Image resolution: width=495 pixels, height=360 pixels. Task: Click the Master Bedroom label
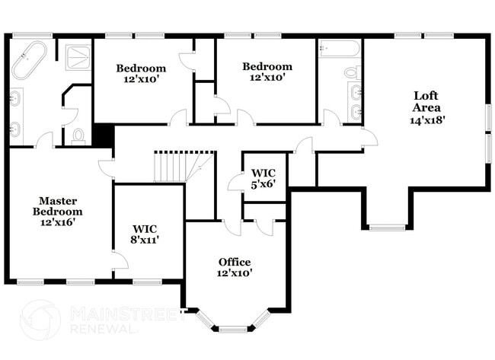click(61, 205)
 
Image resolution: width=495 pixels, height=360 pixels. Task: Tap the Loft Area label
click(426, 101)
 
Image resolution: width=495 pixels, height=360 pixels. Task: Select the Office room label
click(235, 262)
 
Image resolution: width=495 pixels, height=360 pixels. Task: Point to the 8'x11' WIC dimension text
click(145, 239)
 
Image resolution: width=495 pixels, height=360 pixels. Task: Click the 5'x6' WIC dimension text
click(263, 183)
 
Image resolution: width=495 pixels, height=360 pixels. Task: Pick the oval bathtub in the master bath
click(29, 60)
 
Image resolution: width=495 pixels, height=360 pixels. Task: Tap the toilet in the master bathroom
click(78, 136)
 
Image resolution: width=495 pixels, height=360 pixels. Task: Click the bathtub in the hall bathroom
click(340, 49)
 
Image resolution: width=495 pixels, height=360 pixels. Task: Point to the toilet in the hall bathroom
click(352, 72)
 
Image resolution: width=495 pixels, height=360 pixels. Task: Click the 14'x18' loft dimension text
click(426, 119)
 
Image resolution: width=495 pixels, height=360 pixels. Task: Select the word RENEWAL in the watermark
click(104, 330)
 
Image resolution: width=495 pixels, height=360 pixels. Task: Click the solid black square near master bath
click(102, 135)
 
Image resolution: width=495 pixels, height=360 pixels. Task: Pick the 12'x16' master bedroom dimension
click(61, 223)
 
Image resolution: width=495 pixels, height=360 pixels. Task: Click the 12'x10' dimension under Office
click(235, 272)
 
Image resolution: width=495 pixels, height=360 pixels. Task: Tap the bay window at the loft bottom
click(388, 226)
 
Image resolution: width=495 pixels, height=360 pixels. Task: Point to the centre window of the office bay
click(233, 329)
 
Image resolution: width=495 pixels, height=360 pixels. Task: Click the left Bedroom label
click(141, 68)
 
